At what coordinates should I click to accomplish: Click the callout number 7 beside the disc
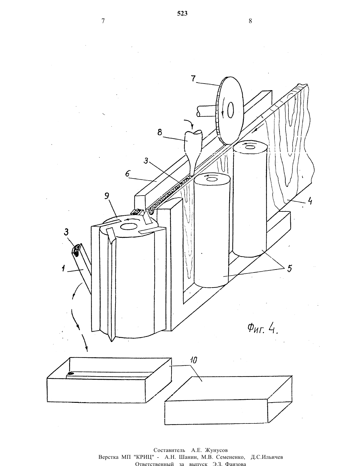193,78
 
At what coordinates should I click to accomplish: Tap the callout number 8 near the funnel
160,132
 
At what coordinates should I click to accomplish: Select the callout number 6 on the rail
127,173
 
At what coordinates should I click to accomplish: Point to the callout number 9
107,196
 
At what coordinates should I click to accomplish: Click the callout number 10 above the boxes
194,360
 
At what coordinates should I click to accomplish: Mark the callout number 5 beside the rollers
289,269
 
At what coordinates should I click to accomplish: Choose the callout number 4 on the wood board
309,202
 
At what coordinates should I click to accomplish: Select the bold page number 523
182,13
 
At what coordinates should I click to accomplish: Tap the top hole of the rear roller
249,147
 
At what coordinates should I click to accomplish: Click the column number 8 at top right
250,21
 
